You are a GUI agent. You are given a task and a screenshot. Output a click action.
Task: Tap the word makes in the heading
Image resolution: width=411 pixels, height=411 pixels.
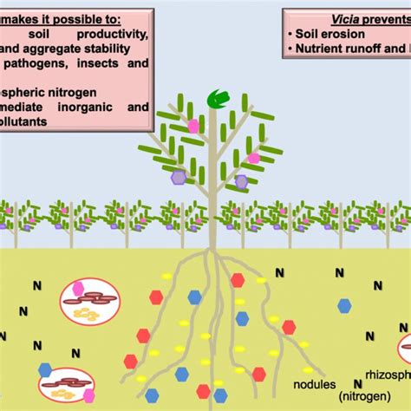point(23,16)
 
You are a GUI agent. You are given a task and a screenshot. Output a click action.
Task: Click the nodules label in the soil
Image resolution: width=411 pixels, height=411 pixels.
point(315,379)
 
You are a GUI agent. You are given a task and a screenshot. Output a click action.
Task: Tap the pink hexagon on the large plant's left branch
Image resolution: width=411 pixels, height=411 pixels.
point(193,126)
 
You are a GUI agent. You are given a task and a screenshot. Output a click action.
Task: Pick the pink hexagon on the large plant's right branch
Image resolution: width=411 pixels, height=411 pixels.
point(253,158)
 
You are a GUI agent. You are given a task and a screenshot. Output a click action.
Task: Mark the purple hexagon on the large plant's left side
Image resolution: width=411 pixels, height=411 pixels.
point(178,177)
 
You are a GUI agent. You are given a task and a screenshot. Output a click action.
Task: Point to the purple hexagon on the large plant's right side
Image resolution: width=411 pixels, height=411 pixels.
point(241,181)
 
